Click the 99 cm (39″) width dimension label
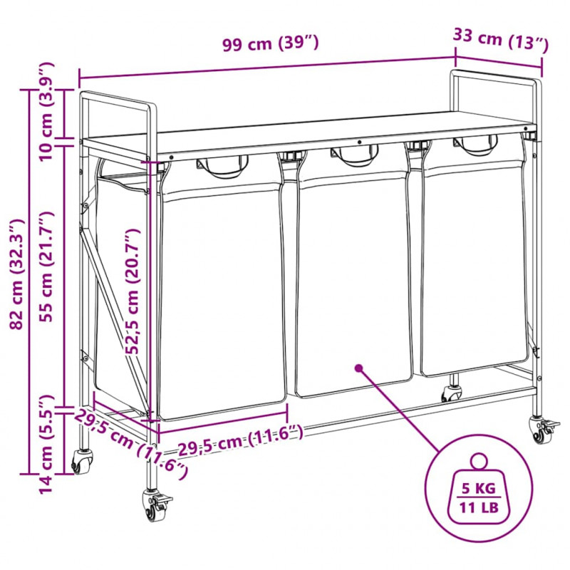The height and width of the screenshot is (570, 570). (271, 43)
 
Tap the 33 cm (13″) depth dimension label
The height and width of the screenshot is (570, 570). (501, 39)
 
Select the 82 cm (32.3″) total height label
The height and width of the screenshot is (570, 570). (17, 274)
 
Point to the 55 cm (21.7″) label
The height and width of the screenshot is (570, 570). (46, 266)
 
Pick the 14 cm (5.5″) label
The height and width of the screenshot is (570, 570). (46, 444)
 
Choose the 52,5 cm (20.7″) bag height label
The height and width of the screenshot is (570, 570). (133, 291)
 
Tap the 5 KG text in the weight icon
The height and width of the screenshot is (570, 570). (478, 488)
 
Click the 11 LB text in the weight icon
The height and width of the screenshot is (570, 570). (479, 507)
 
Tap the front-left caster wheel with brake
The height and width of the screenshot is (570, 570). (156, 506)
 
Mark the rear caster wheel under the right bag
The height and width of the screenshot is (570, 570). (452, 393)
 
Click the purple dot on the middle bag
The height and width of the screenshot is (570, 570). (359, 368)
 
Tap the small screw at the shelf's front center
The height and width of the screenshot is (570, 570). (359, 142)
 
